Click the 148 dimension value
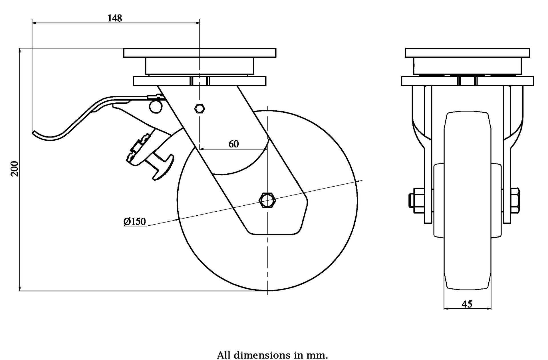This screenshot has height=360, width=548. (115, 18)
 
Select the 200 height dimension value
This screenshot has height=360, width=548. (15, 169)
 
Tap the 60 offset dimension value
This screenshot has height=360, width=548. (233, 144)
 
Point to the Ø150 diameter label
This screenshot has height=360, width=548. (135, 221)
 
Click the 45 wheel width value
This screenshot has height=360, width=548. (467, 304)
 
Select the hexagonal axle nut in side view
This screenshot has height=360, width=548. (267, 201)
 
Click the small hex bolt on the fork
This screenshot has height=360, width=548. (200, 108)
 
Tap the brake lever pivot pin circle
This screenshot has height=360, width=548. (155, 107)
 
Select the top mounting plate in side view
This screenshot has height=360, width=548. (200, 53)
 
